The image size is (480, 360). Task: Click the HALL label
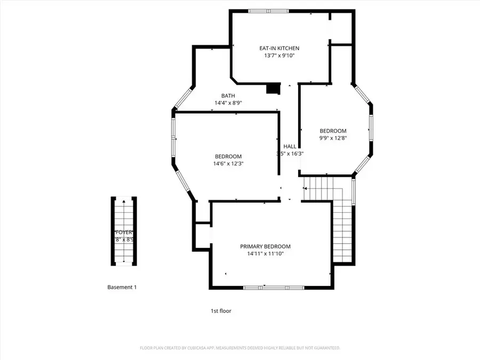[x=290, y=146]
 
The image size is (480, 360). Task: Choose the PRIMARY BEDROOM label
[x=265, y=246]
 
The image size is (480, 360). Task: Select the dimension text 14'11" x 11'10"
[x=265, y=254]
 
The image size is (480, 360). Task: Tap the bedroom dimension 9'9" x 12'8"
[x=333, y=139]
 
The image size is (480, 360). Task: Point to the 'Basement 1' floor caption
[x=122, y=287]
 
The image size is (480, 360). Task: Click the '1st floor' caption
[x=221, y=310]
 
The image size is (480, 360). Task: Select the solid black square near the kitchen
[x=273, y=89]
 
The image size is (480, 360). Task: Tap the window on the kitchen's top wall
[x=269, y=11]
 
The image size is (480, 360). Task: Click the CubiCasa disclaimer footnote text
[x=240, y=348]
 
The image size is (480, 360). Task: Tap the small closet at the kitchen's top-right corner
[x=342, y=27]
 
